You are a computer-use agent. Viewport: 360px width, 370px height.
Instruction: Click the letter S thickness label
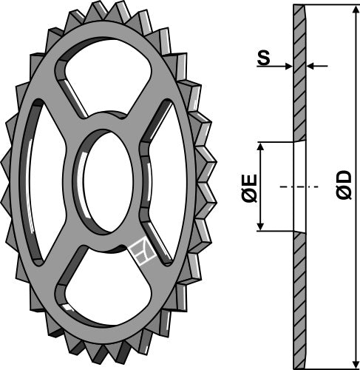[263, 58]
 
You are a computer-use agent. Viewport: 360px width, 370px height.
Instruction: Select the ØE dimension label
[248, 187]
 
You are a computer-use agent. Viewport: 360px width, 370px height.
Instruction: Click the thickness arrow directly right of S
[288, 67]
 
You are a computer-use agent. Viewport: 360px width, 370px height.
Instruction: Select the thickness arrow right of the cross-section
[312, 67]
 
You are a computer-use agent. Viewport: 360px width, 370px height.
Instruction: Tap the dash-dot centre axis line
[296, 186]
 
